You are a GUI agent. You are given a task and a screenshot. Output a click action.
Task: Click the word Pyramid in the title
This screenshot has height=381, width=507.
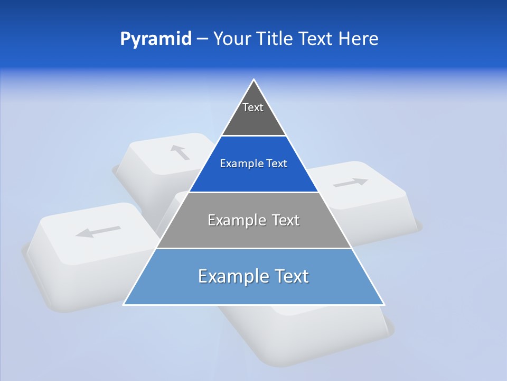pyautogui.click(x=156, y=39)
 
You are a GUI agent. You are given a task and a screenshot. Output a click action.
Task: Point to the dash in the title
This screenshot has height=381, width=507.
pyautogui.click(x=202, y=39)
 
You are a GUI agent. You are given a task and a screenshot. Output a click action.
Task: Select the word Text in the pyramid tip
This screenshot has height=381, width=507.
pyautogui.click(x=253, y=107)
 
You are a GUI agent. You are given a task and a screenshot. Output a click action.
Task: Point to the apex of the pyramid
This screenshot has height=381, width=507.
pyautogui.click(x=254, y=80)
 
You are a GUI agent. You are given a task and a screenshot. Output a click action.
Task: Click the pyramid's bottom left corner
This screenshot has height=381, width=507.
pyautogui.click(x=124, y=304)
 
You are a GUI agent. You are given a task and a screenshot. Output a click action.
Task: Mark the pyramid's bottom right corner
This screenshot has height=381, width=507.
pyautogui.click(x=384, y=304)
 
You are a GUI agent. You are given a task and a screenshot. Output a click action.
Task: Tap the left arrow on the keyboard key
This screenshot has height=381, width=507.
pyautogui.click(x=98, y=231)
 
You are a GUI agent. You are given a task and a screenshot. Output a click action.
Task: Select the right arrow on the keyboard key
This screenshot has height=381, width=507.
pyautogui.click(x=351, y=183)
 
